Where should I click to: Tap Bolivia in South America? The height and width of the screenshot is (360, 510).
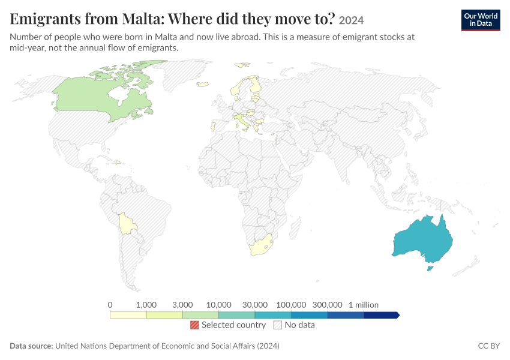(127, 224)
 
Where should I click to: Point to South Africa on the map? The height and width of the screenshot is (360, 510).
(260, 245)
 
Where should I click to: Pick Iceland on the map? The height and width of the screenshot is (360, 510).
(202, 84)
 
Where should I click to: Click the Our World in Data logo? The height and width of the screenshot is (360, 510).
(481, 20)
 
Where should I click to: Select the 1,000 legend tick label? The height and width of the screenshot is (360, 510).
(146, 305)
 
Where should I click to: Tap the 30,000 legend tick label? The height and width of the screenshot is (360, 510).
(255, 305)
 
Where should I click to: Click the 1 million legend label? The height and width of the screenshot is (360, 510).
(364, 305)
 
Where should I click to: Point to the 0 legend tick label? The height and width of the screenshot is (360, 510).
(110, 305)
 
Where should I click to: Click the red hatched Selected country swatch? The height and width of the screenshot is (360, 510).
(194, 325)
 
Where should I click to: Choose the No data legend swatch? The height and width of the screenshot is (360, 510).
(278, 325)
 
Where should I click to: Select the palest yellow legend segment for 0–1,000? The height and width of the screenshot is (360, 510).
(128, 315)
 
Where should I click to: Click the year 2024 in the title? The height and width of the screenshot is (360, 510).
(351, 20)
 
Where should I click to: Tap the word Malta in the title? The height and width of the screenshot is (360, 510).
(142, 19)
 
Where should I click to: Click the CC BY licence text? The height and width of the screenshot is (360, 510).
(489, 346)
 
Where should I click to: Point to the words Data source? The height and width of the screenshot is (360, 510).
(31, 346)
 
